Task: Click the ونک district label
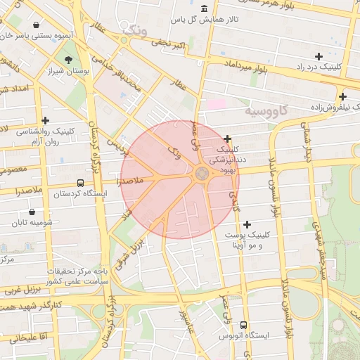[x=134, y=30]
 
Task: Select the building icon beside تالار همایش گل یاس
[x=204, y=8]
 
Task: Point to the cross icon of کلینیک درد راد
[x=319, y=56]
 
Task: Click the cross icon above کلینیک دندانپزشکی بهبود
[x=228, y=139]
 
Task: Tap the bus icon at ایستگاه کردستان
[x=80, y=182]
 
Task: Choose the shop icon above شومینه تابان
[x=33, y=212]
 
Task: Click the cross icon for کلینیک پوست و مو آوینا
[x=247, y=224]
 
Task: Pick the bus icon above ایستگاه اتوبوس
[x=243, y=325]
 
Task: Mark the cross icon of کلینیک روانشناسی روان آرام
[x=46, y=120]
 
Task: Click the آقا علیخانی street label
[x=28, y=338]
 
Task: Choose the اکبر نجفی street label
[x=172, y=46]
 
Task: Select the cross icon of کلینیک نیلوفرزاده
[x=342, y=96]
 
